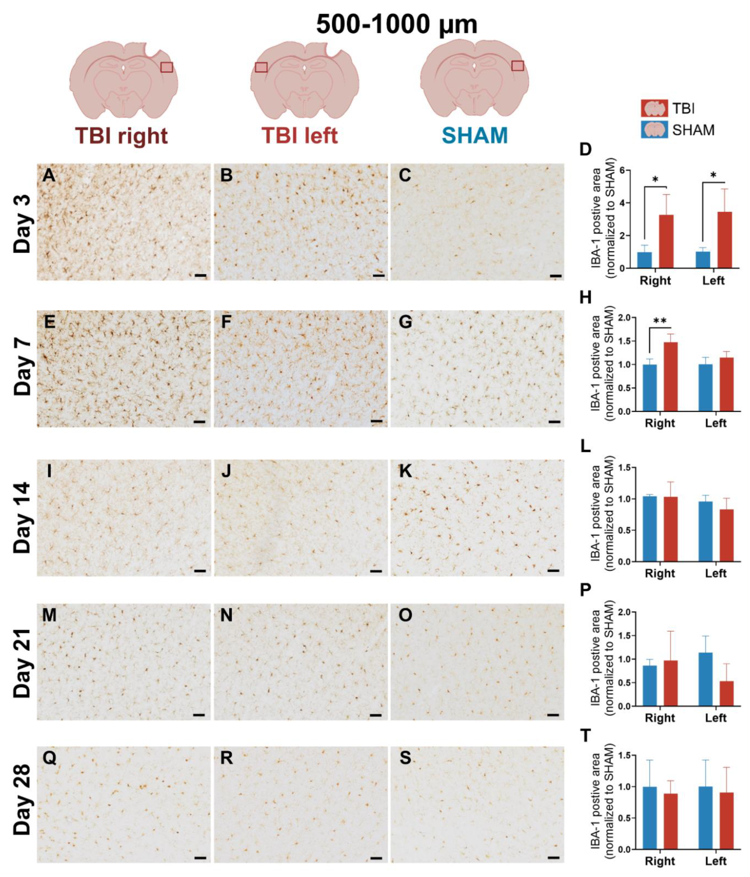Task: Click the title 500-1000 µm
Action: tap(397, 25)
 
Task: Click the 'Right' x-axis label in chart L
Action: tap(660, 573)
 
